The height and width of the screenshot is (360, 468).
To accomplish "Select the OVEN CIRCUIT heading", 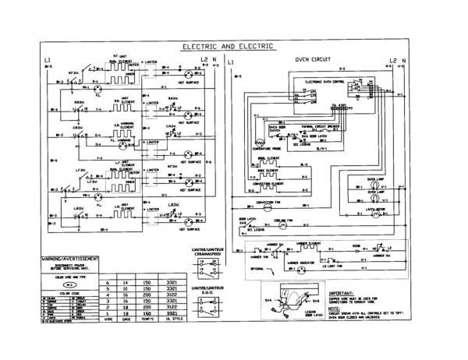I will pyautogui.click(x=312, y=60).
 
